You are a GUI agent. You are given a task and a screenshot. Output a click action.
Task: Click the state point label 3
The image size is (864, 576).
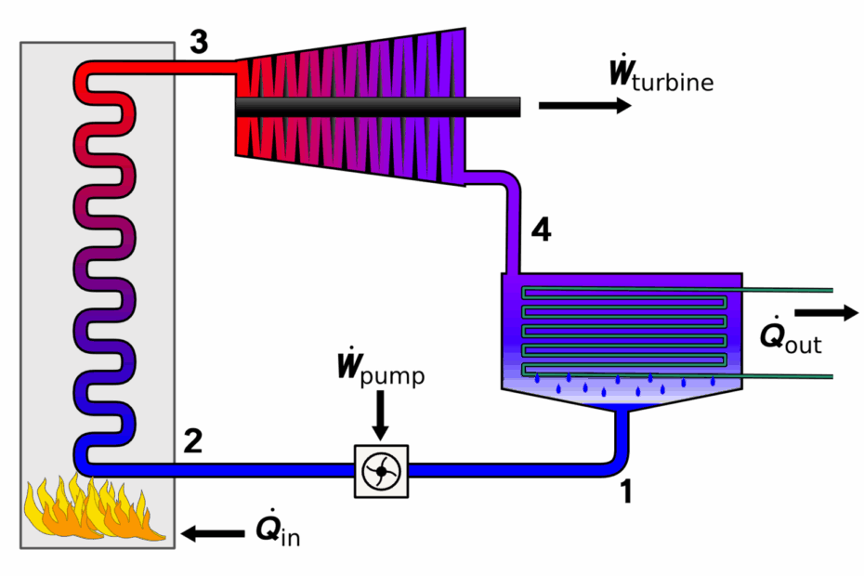click(200, 43)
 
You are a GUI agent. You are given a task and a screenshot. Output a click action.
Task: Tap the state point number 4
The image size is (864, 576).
click(541, 230)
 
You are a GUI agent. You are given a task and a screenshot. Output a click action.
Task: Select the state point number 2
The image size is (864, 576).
click(193, 441)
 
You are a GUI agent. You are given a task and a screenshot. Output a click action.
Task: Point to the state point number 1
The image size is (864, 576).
click(626, 491)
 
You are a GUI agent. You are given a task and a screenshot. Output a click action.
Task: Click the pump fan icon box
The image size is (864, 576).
click(381, 471)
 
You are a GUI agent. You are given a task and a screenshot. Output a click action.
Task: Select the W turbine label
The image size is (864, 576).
click(661, 73)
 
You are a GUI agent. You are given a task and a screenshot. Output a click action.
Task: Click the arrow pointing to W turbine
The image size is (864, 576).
click(584, 105)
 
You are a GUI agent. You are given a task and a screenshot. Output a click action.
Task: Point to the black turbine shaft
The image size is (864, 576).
click(378, 107)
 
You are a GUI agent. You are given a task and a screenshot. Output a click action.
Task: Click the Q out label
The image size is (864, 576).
click(791, 335)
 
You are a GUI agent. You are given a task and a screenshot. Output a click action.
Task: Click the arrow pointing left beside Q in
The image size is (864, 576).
click(213, 533)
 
